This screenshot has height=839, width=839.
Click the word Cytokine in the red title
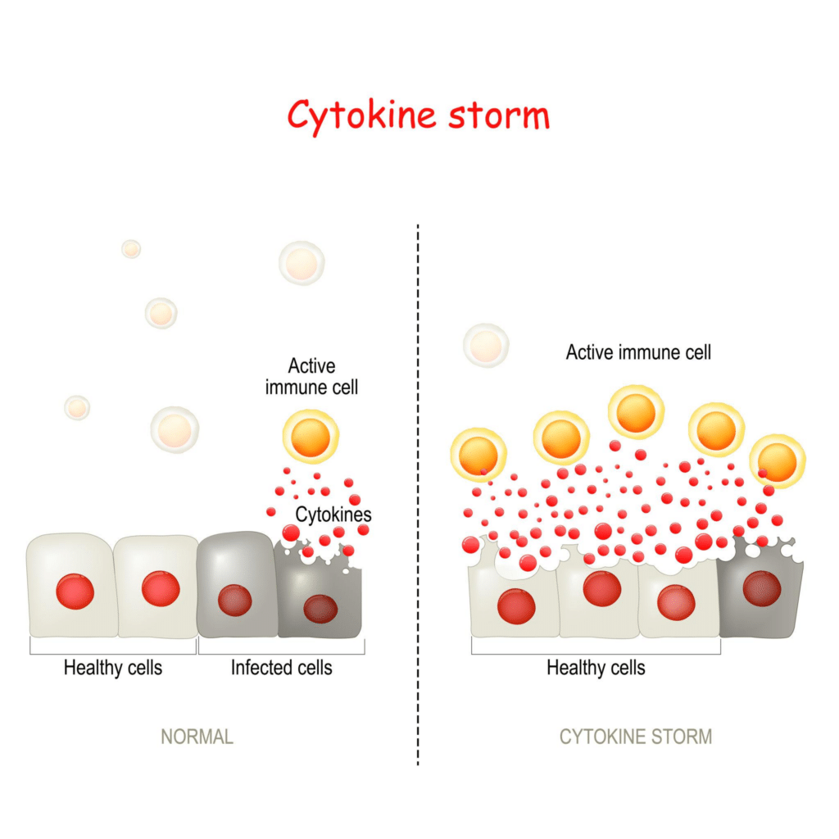point(361,116)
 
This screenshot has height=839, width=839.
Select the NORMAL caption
point(197,736)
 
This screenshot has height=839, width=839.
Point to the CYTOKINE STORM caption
point(636,736)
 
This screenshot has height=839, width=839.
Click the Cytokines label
point(333,515)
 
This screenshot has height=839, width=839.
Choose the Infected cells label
point(281,668)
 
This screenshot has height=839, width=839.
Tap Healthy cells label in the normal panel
point(113,668)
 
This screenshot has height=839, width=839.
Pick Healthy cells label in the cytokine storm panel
point(596,668)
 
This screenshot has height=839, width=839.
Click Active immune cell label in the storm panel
point(638,352)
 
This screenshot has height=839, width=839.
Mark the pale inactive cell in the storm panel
point(486,344)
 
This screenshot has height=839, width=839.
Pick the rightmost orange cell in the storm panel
point(777,461)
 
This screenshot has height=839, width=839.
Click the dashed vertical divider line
point(418,492)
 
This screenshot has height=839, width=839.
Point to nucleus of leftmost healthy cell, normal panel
point(75,591)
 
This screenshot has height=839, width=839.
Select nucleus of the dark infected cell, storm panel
point(761,588)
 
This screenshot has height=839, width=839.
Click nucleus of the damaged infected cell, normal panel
point(320,609)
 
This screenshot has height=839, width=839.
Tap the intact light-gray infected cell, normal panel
point(236,583)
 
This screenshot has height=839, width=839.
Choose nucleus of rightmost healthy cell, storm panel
point(677,602)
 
